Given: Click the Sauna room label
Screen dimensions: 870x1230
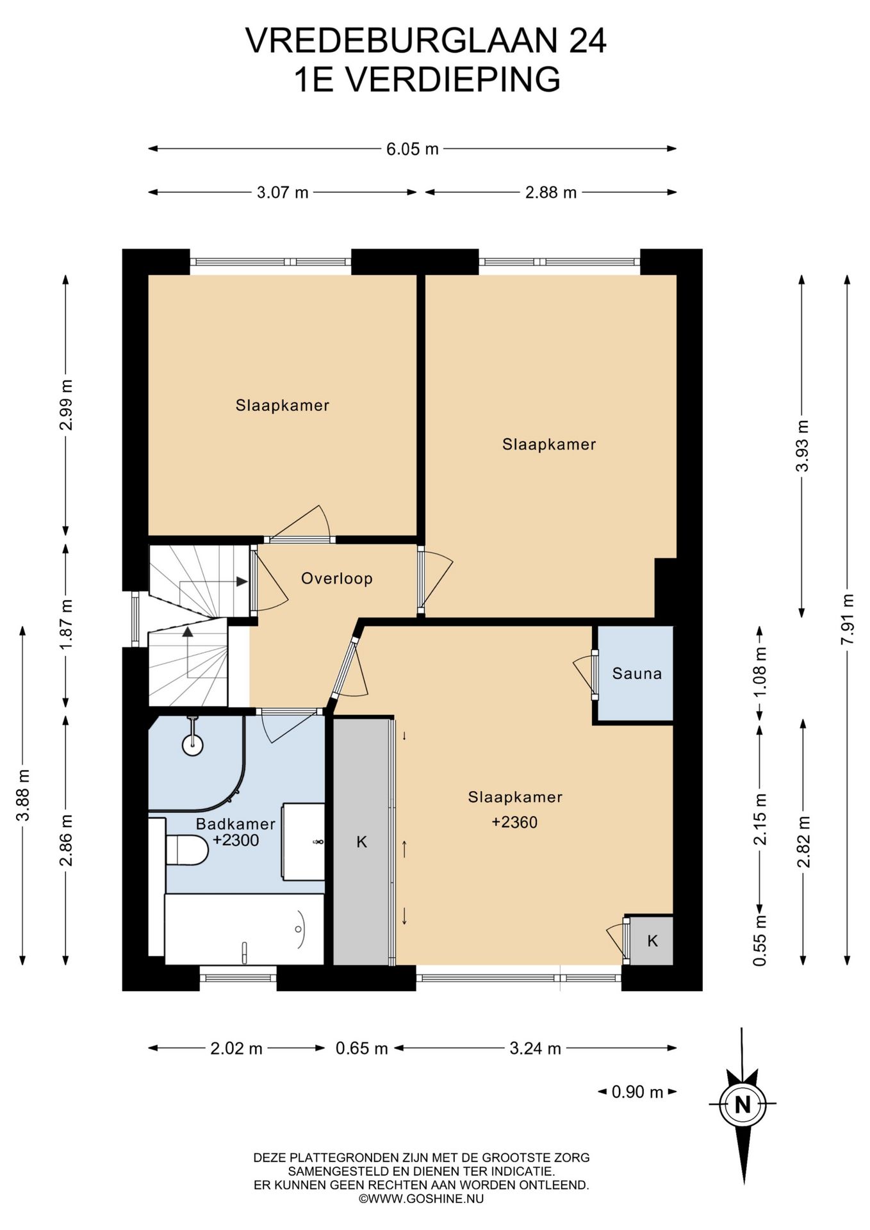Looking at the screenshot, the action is tap(636, 673).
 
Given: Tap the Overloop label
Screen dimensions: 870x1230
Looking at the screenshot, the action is tap(336, 578).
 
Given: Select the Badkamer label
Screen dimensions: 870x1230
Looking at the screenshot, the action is tap(235, 824).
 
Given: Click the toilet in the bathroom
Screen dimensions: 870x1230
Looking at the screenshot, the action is tap(187, 850).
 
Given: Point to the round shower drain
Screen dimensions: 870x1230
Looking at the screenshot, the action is tap(193, 744).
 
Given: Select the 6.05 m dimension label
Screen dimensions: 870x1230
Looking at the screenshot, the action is tap(412, 149).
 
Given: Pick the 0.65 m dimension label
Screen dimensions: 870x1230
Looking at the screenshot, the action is tap(361, 1048).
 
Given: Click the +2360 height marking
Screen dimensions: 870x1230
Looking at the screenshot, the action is tap(514, 823).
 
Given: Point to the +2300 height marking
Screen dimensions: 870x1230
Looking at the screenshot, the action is tap(235, 840).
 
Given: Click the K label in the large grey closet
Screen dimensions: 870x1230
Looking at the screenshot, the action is tap(361, 842).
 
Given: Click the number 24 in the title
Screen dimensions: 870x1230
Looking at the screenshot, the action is tap(587, 41).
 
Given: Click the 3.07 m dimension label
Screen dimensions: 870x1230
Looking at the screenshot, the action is tap(283, 192).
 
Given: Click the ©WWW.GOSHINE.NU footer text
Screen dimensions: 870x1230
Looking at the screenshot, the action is tap(421, 1199).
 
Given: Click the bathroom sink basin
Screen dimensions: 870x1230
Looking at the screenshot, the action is tap(303, 841).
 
